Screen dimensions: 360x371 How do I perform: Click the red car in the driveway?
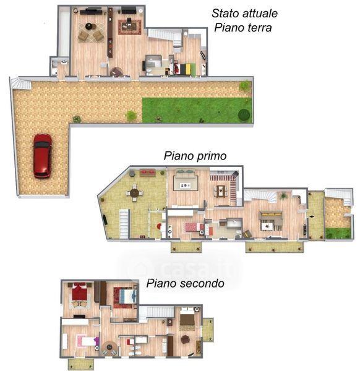tap(42, 156)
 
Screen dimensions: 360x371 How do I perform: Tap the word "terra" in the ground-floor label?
tap(260, 28)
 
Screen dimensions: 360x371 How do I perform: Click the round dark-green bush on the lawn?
tap(244, 114)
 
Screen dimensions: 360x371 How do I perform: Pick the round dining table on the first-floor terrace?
tap(134, 193)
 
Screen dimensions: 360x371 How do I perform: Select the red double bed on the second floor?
tap(80, 291)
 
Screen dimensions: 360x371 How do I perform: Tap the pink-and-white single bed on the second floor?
tap(87, 341)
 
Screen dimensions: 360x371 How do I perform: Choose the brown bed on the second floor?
tap(187, 317)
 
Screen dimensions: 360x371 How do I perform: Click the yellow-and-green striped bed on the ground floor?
tap(186, 69)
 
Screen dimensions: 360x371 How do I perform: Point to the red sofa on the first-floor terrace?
tap(147, 173)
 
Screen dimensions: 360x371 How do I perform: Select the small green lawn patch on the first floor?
tap(338, 233)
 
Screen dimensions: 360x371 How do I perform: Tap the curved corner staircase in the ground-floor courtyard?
tap(21, 83)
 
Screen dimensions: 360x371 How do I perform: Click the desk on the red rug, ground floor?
tap(129, 25)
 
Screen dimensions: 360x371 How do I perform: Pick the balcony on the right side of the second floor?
tap(208, 330)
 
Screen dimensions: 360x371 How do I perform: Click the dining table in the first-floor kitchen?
tap(221, 191)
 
